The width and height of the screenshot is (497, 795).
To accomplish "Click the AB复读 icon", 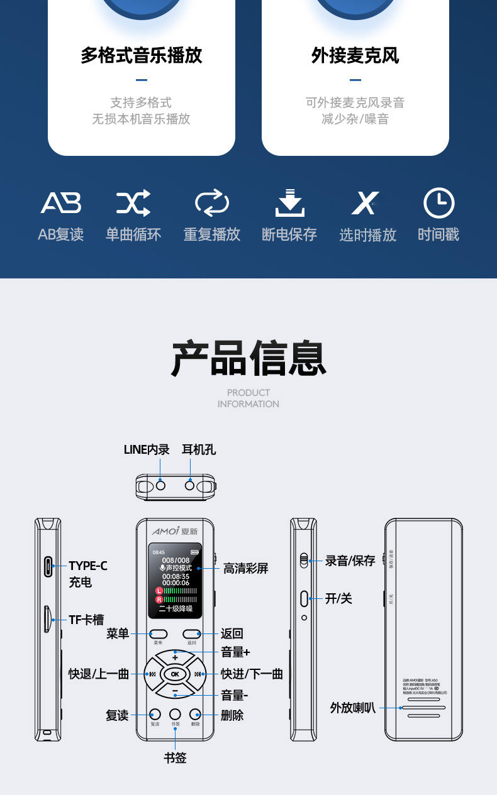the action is pos(61,203).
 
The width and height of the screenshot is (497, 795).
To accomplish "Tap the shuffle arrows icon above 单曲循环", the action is pos(133,203).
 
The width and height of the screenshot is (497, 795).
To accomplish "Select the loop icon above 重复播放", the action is pos(212,203).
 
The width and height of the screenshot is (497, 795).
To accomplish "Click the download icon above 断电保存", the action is pos(289,203).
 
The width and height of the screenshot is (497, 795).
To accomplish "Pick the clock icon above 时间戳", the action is pos(438,203).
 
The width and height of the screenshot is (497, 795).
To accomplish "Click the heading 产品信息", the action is pos(248,359).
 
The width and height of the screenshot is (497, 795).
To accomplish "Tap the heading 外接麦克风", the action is pos(355,55).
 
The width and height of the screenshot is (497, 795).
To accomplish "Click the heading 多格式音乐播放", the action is pos(142,55).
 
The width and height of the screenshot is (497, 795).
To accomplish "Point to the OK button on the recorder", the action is pos(175,674).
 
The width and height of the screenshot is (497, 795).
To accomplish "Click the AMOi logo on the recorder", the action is pos(166,531).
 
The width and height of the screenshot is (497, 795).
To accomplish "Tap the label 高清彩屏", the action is pos(245,568).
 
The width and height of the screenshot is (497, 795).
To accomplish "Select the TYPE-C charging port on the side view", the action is pos(48,566).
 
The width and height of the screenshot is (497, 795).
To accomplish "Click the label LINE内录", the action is pos(147,449).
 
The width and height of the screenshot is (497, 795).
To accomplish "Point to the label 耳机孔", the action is pos(199,449).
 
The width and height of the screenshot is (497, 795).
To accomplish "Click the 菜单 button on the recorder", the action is pos(158,634).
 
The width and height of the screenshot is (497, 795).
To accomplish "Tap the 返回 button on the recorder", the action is pos(193,634).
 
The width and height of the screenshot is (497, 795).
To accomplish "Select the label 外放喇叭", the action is pos(352,708).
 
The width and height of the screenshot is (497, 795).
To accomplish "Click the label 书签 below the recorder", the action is pos(175,758).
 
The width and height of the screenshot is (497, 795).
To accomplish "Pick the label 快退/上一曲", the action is pos(99,674).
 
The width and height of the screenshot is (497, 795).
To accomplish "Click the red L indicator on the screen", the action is pos(159,591).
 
